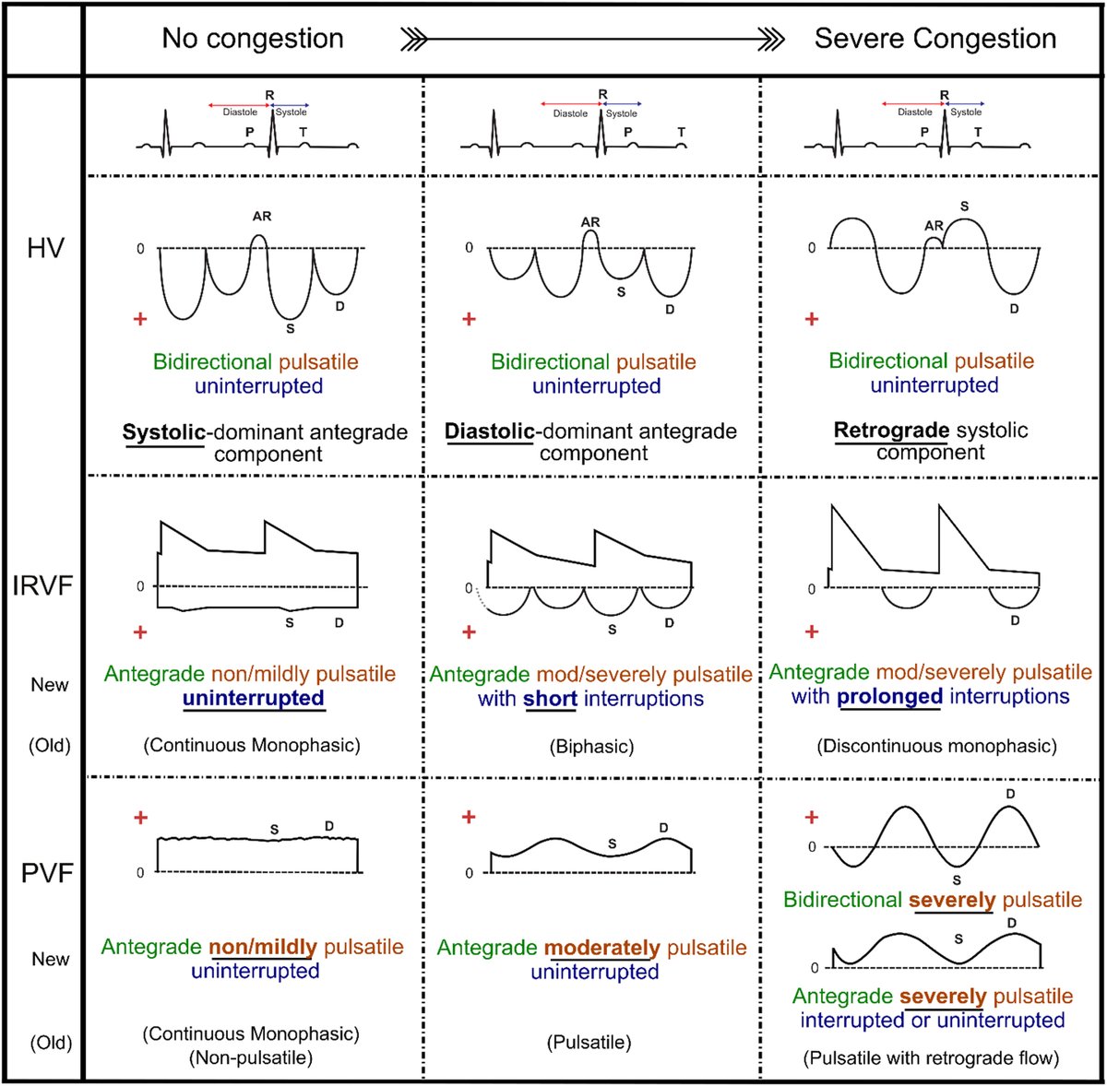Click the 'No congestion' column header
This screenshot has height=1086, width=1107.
(x=253, y=39)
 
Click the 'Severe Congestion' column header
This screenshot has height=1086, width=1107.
(x=934, y=39)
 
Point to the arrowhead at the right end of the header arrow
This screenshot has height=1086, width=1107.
(x=773, y=39)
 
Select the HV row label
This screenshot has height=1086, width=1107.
(x=45, y=247)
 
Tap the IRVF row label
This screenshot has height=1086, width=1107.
(x=42, y=586)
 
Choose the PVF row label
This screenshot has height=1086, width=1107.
(x=47, y=872)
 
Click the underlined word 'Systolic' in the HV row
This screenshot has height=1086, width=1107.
(x=162, y=431)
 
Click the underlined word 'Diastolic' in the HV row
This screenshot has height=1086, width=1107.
(x=489, y=431)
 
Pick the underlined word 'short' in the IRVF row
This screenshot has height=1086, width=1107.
(x=550, y=699)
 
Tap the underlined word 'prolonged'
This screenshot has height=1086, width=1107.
(x=889, y=696)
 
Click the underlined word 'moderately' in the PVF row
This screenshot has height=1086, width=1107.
(x=601, y=948)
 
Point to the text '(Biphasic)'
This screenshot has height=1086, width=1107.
(x=593, y=746)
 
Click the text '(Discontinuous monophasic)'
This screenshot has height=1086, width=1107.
(x=936, y=746)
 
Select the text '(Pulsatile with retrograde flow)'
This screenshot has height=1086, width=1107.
(x=931, y=1058)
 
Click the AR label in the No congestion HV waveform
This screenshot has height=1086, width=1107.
(x=262, y=217)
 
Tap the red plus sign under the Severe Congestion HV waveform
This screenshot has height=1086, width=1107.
(x=812, y=319)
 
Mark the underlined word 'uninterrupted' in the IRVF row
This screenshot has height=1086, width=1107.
(x=254, y=699)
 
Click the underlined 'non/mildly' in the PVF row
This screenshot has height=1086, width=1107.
(x=263, y=947)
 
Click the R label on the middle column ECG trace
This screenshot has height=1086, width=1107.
(x=602, y=94)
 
